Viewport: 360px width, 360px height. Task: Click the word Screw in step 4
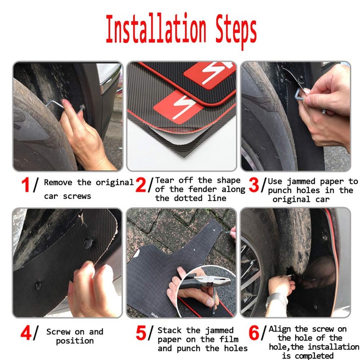[59, 332]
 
